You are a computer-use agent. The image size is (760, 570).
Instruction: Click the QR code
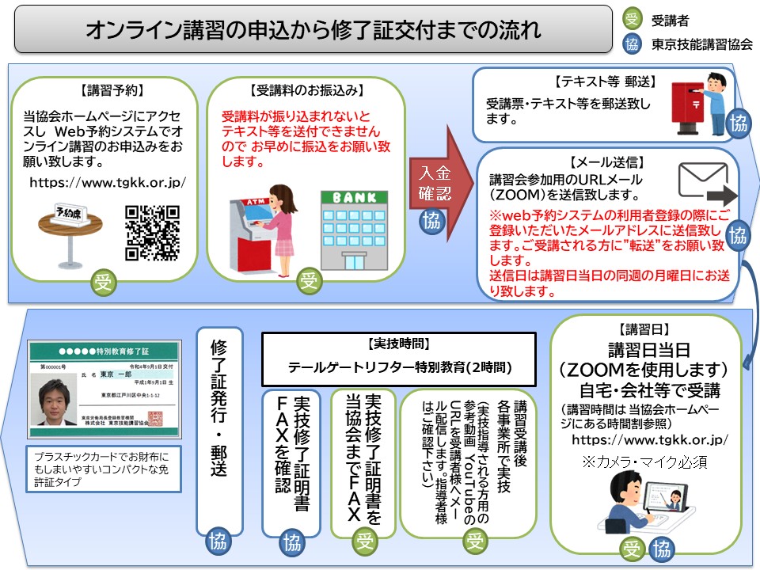(x=153, y=233)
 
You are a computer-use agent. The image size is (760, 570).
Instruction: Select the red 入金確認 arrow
(x=437, y=179)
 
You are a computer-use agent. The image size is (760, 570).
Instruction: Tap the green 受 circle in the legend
(x=633, y=19)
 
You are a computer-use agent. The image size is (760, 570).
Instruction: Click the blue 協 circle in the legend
(x=633, y=44)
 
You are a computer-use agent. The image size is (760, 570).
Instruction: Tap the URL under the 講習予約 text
(x=108, y=182)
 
